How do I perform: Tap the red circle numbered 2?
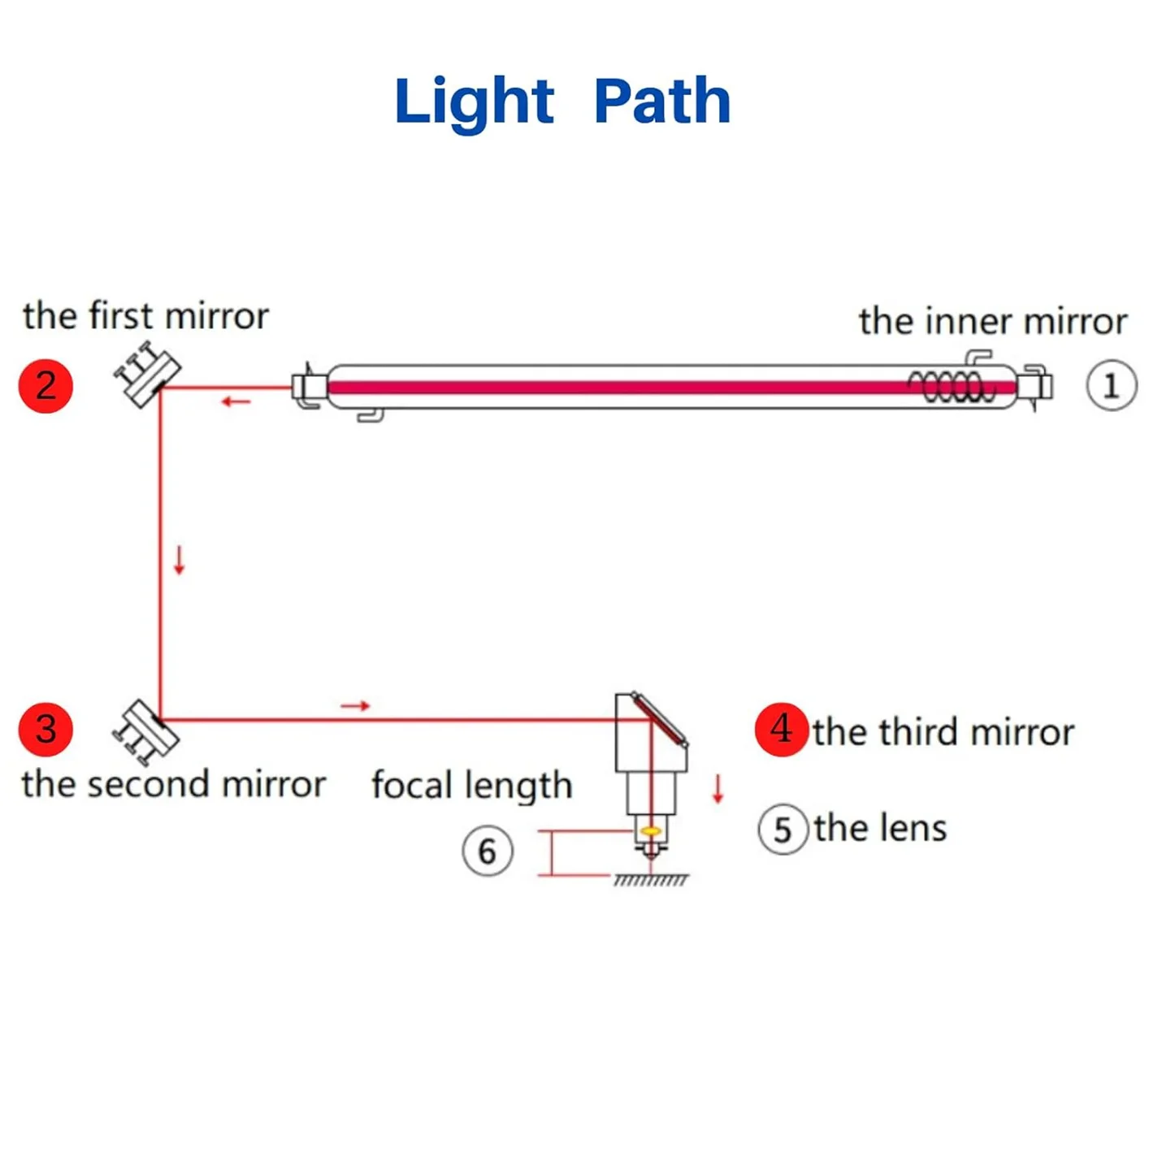[x=46, y=386]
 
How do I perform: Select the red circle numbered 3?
[x=46, y=729]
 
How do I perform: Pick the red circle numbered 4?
[x=781, y=729]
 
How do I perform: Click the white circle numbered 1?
[x=1111, y=385]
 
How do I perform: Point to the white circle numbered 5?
[x=782, y=830]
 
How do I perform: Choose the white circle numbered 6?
[x=487, y=851]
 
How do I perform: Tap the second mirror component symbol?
[x=145, y=731]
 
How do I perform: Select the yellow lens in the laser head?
[x=651, y=830]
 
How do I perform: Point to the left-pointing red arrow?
[x=236, y=401]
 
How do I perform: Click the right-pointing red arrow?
[x=355, y=705]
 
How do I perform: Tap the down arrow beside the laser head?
[x=717, y=788]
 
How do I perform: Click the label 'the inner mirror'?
[x=992, y=322]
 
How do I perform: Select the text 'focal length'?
[x=471, y=786]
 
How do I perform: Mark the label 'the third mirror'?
[x=943, y=732]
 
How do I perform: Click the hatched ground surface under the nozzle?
[x=651, y=880]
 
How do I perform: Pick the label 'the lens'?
[x=880, y=829]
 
